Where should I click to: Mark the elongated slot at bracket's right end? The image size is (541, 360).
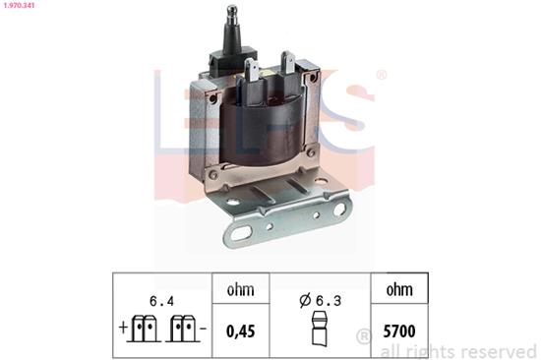click(x=338, y=209)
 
